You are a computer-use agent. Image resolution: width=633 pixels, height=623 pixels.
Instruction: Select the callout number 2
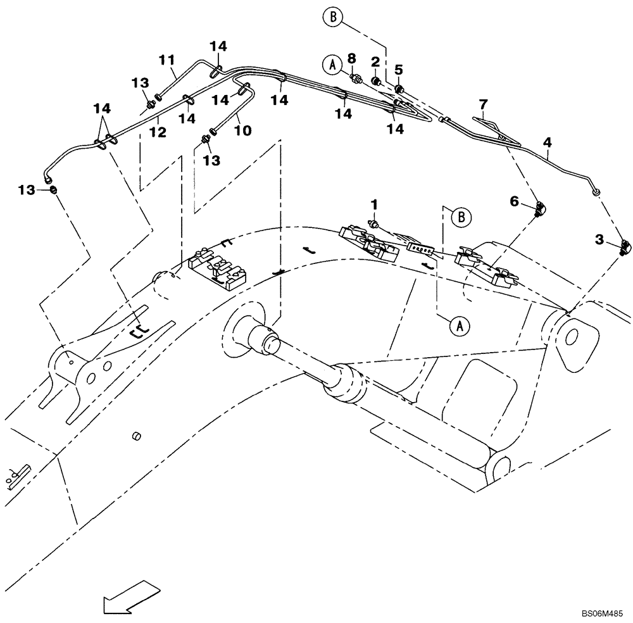tap(375, 61)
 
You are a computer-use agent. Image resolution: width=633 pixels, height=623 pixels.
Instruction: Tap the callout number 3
tap(599, 239)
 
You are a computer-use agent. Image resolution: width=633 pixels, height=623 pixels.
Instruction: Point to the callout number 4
tap(548, 143)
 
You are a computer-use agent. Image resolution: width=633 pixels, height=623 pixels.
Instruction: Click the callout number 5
tap(399, 68)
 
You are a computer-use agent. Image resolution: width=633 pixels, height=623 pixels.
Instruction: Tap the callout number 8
tap(351, 58)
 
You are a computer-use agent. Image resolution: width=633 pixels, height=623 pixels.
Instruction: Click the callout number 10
tap(243, 130)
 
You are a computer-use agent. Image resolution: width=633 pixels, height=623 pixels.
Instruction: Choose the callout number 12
tap(158, 132)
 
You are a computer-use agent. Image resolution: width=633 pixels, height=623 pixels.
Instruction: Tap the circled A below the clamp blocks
tap(460, 325)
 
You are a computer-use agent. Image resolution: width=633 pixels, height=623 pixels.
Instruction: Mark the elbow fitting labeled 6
tap(539, 208)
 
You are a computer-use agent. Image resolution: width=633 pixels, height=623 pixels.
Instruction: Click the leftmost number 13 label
tap(28, 190)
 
